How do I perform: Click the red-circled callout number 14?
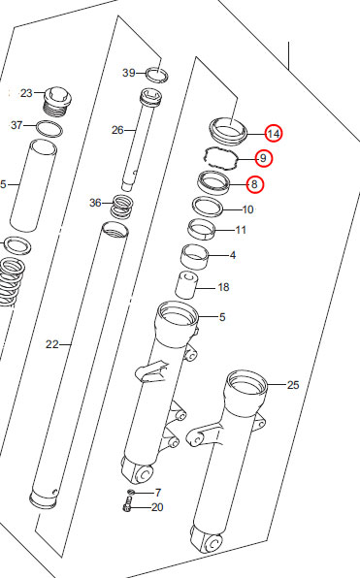274,134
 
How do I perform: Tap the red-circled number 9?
263,158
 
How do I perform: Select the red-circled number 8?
254,184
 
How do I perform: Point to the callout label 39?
129,73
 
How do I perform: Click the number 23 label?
26,93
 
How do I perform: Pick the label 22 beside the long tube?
52,344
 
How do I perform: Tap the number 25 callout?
293,385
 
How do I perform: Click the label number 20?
157,507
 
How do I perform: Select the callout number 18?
223,287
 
